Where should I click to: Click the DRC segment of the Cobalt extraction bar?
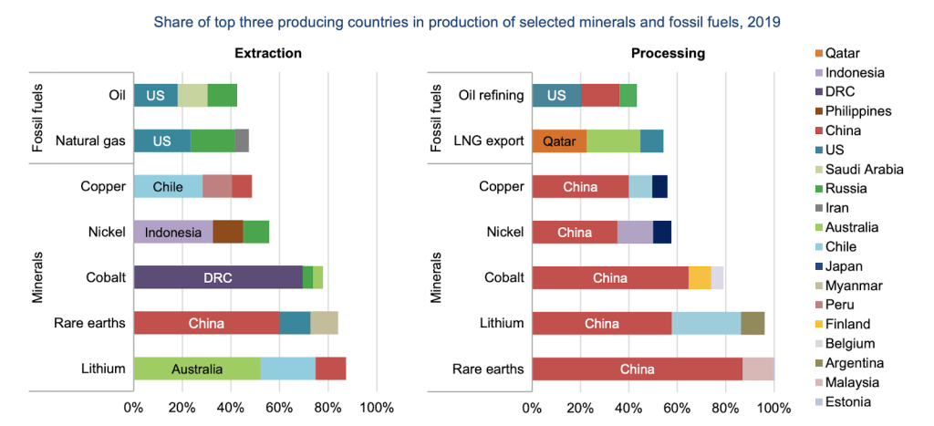pyautogui.click(x=217, y=277)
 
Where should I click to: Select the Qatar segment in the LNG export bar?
pyautogui.click(x=559, y=141)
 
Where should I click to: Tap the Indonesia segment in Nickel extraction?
pyautogui.click(x=172, y=232)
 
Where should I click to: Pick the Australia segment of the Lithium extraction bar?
pyautogui.click(x=197, y=369)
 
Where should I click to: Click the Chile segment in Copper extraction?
pyautogui.click(x=168, y=186)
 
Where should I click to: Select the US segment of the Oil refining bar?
pyautogui.click(x=555, y=96)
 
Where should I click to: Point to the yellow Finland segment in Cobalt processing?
pyautogui.click(x=700, y=277)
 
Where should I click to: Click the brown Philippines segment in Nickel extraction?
pyautogui.click(x=228, y=232)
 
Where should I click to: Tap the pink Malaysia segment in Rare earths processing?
pyautogui.click(x=757, y=369)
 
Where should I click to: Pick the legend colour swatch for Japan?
pyautogui.click(x=818, y=265)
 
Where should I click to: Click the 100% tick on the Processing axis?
pyautogui.click(x=774, y=407)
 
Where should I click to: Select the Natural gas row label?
pyautogui.click(x=90, y=141)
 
